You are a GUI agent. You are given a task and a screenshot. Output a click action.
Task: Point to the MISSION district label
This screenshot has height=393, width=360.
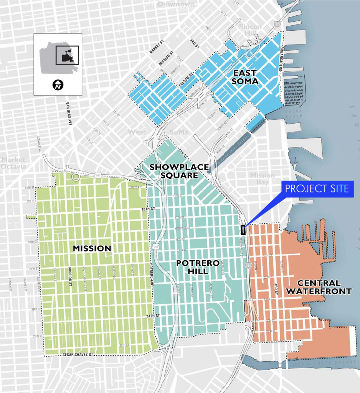pos(92,248)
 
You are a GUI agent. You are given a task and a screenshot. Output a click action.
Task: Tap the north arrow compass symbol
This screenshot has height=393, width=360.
pos(58,85)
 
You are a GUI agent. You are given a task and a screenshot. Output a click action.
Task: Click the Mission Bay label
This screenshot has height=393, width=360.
pos(263,179)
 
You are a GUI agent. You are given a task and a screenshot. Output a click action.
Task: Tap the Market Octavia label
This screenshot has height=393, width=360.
pos(13,163)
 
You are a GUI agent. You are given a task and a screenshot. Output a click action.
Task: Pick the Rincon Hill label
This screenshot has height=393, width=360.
pos(250,30)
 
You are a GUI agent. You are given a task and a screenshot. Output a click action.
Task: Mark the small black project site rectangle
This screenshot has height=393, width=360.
pos(243,230)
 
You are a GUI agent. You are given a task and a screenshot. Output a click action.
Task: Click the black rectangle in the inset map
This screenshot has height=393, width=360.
pos(67,55)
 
